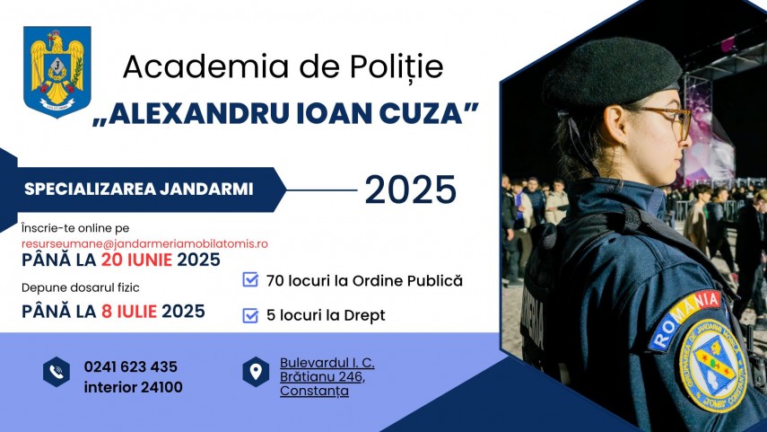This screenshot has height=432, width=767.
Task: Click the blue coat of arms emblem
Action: [57, 72]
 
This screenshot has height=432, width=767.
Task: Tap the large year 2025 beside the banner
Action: [410, 190]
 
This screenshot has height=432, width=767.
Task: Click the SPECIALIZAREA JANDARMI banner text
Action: [139, 190]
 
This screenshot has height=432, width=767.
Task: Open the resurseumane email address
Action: [144, 243]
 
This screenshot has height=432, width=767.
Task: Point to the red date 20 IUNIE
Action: [137, 260]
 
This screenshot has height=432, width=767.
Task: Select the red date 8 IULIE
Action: [129, 311]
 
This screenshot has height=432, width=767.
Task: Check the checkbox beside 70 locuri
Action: [250, 279]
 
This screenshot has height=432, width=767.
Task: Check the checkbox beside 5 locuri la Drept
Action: [250, 315]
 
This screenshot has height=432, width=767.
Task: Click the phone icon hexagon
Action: [57, 372]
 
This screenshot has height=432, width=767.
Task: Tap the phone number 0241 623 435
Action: [131, 366]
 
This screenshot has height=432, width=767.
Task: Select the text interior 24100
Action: [133, 387]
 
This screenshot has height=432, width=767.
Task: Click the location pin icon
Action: [256, 372]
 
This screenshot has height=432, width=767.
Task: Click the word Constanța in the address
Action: [315, 391]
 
